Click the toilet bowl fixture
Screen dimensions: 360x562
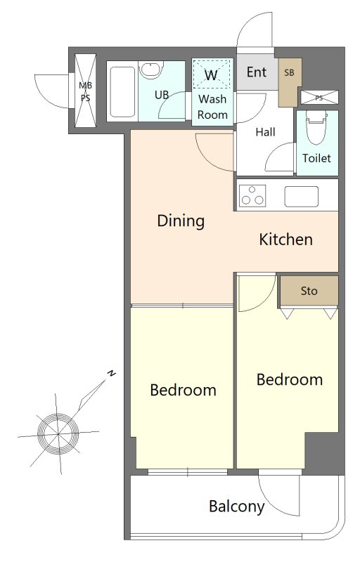(316, 127)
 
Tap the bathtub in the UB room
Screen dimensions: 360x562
(122, 91)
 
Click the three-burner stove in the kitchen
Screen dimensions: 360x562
(252, 196)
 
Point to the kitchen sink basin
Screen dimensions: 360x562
(302, 197)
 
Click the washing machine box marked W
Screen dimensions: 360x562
(211, 74)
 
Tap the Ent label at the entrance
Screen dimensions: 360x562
(257, 72)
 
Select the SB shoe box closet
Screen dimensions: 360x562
(290, 82)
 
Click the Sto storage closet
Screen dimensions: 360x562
(309, 290)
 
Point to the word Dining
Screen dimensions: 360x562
(181, 221)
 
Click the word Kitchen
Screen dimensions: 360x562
(285, 240)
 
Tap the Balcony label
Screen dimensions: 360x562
(237, 507)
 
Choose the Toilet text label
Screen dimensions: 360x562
(316, 158)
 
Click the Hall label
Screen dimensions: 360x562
(265, 132)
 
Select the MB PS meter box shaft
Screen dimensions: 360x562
(85, 91)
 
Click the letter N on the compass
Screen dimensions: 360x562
(112, 373)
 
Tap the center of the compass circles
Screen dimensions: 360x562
(58, 434)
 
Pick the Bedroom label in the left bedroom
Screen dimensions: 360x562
(184, 390)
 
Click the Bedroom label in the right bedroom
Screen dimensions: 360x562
(290, 379)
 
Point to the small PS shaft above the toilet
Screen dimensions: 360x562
(319, 98)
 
